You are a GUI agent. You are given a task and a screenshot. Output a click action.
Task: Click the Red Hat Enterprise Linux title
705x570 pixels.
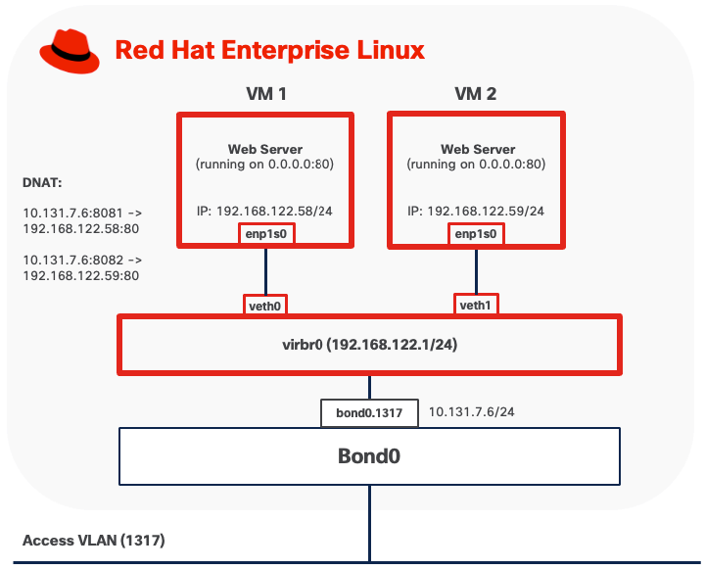(270, 50)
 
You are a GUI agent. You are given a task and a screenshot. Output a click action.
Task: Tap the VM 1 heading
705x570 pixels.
(265, 95)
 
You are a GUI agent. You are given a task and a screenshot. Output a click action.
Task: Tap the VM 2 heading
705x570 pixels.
(477, 95)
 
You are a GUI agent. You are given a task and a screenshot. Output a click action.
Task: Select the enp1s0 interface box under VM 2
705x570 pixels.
(476, 234)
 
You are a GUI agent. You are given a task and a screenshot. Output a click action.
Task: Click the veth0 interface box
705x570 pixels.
(264, 305)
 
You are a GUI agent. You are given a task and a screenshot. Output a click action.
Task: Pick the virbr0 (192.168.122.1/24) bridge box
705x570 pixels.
(369, 345)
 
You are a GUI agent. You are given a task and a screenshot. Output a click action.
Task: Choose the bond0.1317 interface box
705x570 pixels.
(369, 412)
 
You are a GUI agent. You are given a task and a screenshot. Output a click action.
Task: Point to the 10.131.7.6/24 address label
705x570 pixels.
(472, 412)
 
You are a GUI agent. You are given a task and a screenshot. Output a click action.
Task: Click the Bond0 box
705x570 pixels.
(369, 455)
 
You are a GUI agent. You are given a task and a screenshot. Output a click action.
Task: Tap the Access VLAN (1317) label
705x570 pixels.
(94, 541)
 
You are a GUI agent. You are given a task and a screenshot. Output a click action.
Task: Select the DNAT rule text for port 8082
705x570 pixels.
(81, 267)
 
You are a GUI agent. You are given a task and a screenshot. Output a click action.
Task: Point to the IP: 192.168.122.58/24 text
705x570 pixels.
(264, 211)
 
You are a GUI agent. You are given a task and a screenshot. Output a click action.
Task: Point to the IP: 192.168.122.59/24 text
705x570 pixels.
(476, 211)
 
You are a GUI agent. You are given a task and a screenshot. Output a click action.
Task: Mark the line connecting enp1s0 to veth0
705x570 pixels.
(264, 269)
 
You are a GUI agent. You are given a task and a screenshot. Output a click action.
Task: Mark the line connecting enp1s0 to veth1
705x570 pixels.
(476, 269)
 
